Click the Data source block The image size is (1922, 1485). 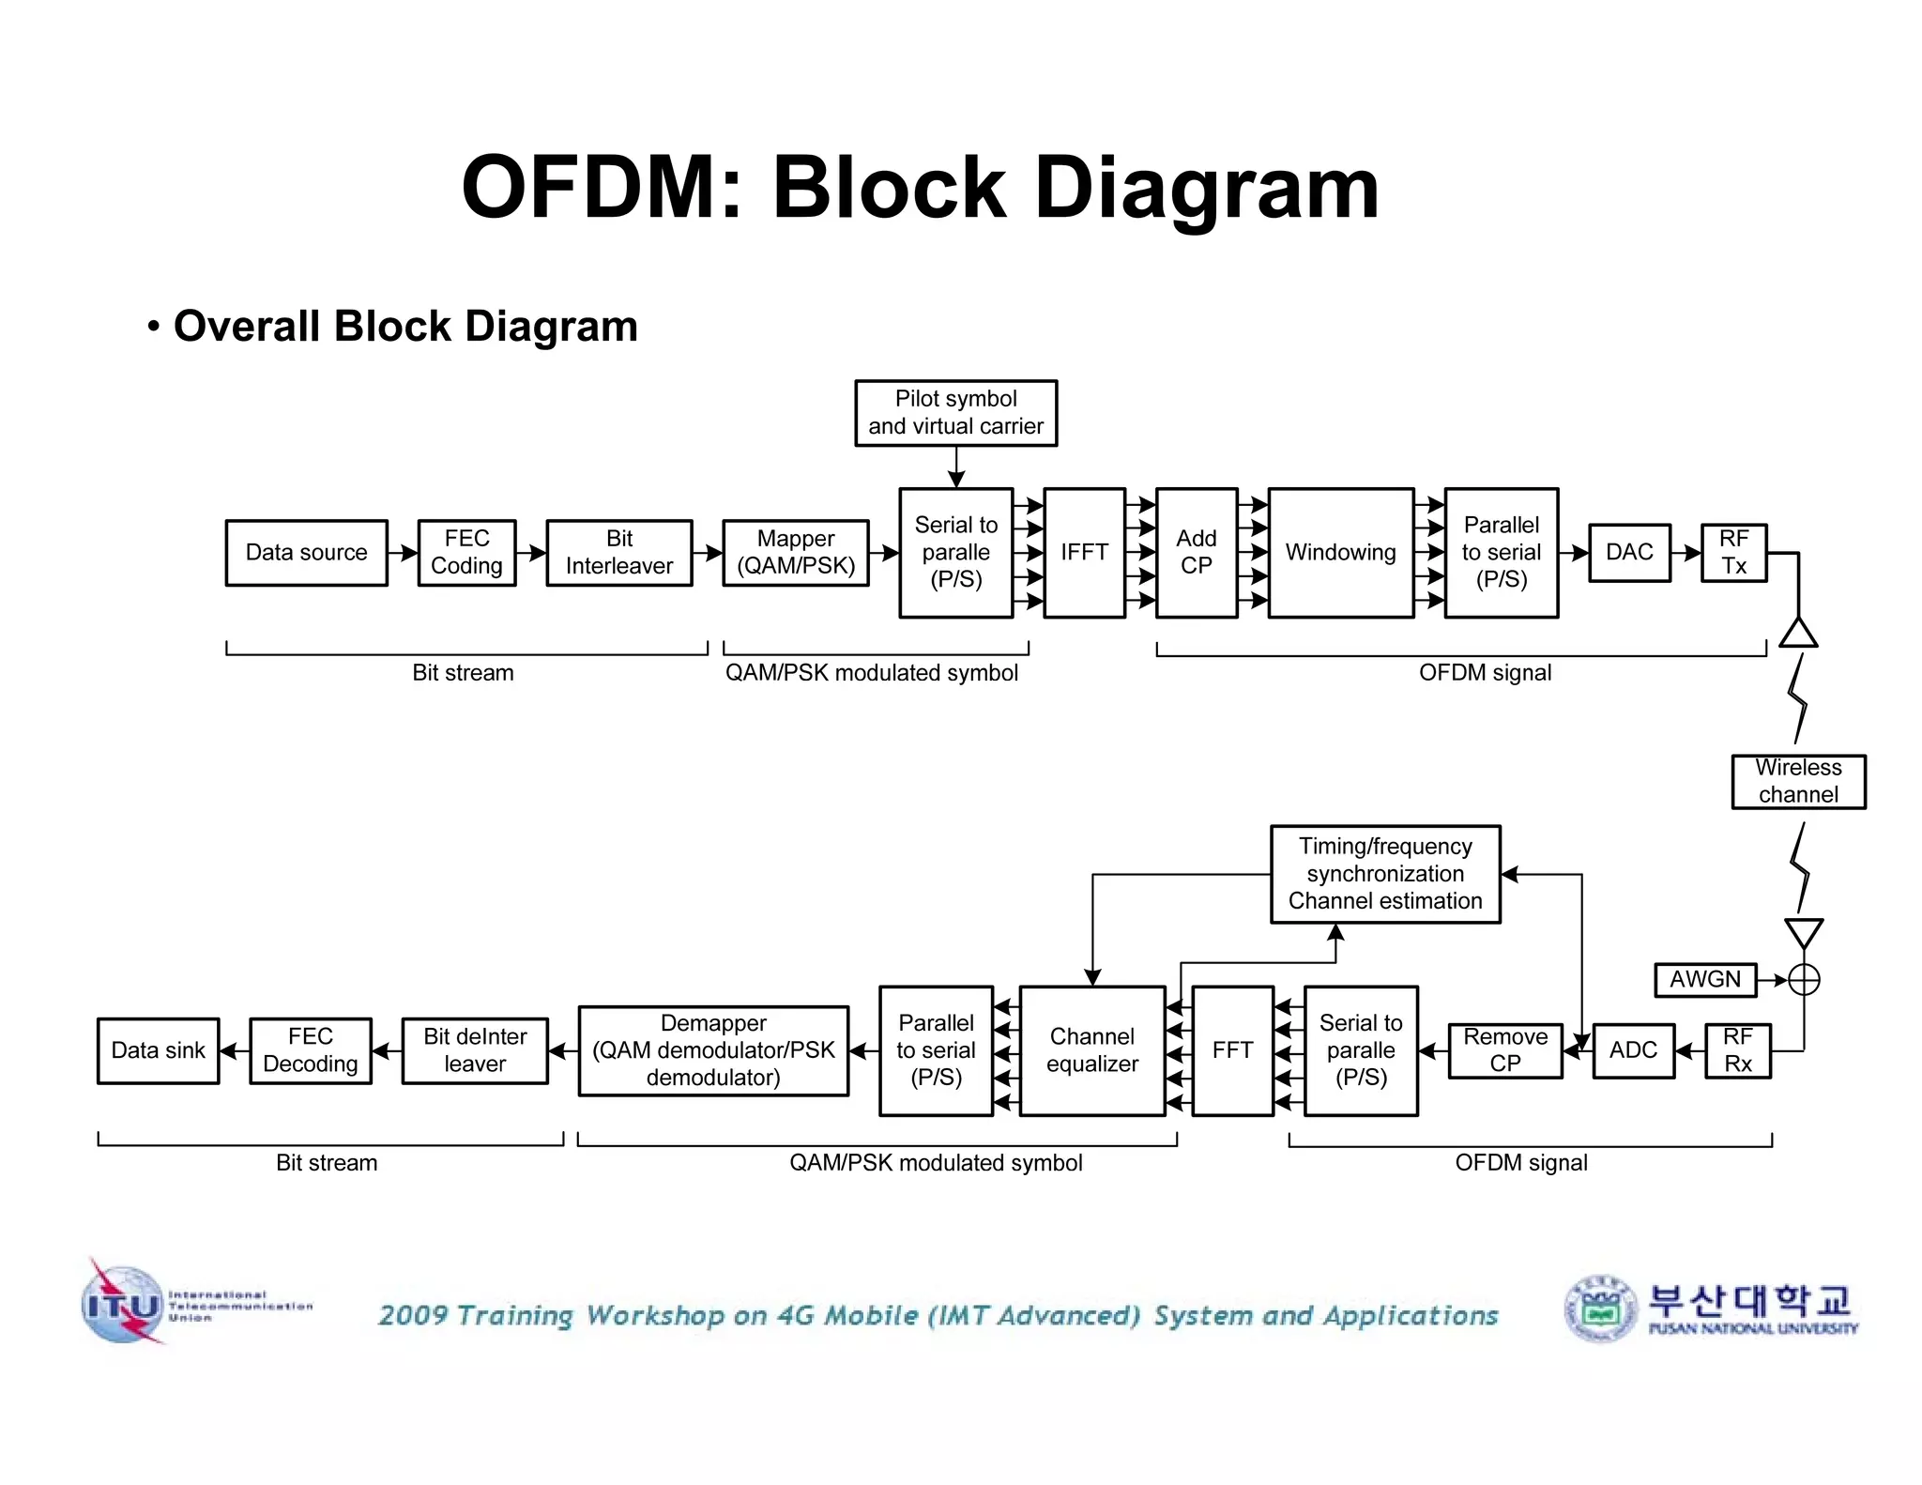tap(307, 553)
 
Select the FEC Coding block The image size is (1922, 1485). tap(466, 553)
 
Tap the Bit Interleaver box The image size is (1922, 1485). tap(619, 553)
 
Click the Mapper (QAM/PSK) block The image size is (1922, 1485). tap(796, 553)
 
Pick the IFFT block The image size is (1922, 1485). tap(1084, 553)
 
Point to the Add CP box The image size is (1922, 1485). tap(1197, 553)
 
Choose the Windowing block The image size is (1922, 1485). tap(1340, 553)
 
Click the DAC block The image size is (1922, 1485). tap(1629, 553)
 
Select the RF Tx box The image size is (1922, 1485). tap(1734, 553)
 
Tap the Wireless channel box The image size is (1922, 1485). tap(1798, 781)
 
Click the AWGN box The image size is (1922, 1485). tap(1704, 980)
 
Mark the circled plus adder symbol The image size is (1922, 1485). tap(1804, 980)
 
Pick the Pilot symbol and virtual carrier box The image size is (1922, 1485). tap(955, 413)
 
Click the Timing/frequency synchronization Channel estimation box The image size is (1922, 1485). tap(1385, 874)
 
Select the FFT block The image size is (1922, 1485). tap(1232, 1050)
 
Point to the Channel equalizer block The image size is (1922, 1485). tap(1092, 1050)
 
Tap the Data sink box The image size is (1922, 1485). tap(158, 1050)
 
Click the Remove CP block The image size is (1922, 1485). tap(1505, 1050)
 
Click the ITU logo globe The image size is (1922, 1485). tap(122, 1305)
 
